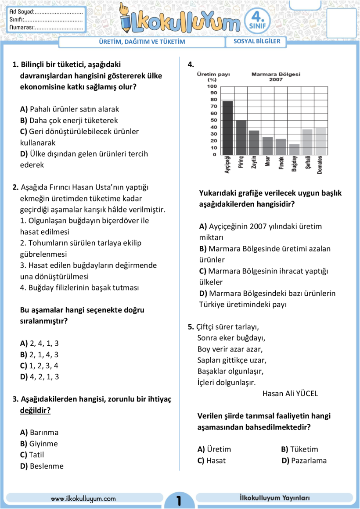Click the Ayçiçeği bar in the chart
[x=227, y=128]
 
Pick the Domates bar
[x=321, y=140]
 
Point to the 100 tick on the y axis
[x=212, y=86]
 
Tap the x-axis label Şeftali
[x=307, y=164]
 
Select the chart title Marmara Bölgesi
[x=276, y=74]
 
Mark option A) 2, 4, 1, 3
[x=40, y=344]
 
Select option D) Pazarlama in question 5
[x=304, y=461]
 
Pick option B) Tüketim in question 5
[x=299, y=449]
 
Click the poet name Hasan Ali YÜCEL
[x=290, y=394]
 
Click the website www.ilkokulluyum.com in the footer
[x=83, y=499]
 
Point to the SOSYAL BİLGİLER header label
[x=256, y=42]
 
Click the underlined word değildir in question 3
[x=35, y=411]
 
